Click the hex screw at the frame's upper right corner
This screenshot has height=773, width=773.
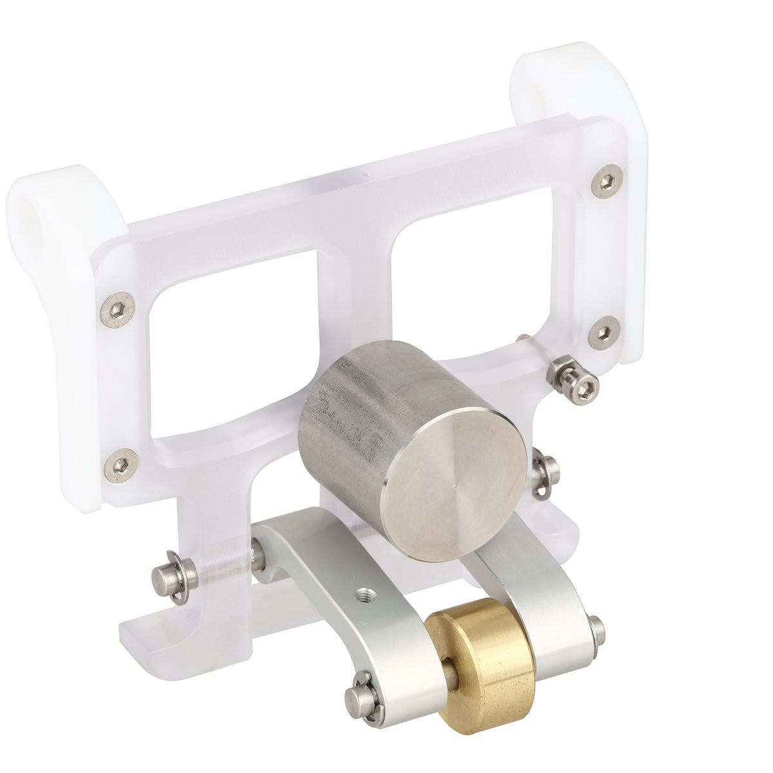(607, 180)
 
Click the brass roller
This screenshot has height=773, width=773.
(482, 663)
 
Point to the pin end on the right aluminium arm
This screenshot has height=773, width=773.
(598, 631)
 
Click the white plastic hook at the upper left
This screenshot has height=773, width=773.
(58, 213)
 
